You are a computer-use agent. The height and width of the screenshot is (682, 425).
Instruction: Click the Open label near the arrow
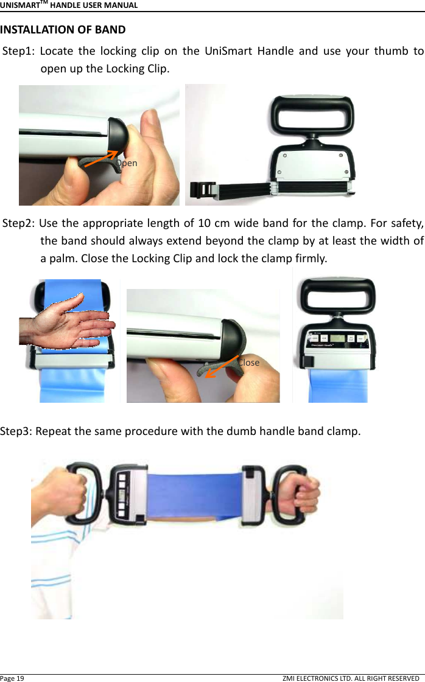coord(127,163)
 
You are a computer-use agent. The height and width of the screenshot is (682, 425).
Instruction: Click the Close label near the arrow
coord(248,362)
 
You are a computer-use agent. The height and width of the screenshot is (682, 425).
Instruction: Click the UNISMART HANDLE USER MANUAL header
coord(68,5)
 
